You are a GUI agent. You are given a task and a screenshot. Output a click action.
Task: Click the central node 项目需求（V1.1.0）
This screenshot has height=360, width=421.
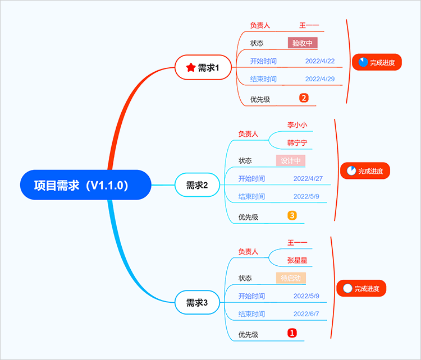click(x=85, y=185)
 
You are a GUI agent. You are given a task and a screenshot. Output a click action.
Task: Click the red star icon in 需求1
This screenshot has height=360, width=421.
click(x=191, y=68)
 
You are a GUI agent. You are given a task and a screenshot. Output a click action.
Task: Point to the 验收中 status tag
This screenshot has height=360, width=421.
click(x=303, y=43)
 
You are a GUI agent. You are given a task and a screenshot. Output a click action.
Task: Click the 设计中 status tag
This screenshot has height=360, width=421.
click(x=291, y=161)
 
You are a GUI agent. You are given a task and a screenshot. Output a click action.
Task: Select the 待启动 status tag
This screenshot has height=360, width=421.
click(x=291, y=278)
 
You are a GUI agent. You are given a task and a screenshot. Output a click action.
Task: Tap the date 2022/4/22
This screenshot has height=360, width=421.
click(x=320, y=61)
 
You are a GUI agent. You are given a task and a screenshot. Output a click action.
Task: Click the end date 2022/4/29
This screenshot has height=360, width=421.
click(x=320, y=79)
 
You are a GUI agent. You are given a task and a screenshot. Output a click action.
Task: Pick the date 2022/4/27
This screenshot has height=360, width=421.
click(x=308, y=179)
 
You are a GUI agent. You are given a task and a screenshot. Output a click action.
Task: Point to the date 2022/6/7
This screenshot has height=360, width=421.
click(x=306, y=314)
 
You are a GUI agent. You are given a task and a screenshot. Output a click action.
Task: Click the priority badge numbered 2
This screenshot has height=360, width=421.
click(x=304, y=98)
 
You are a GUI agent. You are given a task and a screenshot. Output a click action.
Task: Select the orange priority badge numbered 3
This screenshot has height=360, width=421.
click(x=292, y=215)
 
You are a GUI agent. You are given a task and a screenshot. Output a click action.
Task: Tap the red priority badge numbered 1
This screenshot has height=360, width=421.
click(x=292, y=333)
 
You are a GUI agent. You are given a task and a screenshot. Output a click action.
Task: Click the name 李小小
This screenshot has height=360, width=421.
click(x=298, y=125)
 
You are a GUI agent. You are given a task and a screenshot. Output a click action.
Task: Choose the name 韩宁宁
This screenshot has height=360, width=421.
click(x=298, y=143)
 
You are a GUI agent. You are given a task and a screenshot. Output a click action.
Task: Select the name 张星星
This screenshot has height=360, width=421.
click(x=298, y=261)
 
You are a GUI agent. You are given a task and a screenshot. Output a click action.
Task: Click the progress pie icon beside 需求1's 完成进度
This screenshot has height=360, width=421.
click(x=363, y=62)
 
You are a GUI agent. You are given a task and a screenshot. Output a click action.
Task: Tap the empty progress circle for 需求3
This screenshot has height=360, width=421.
click(x=347, y=289)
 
